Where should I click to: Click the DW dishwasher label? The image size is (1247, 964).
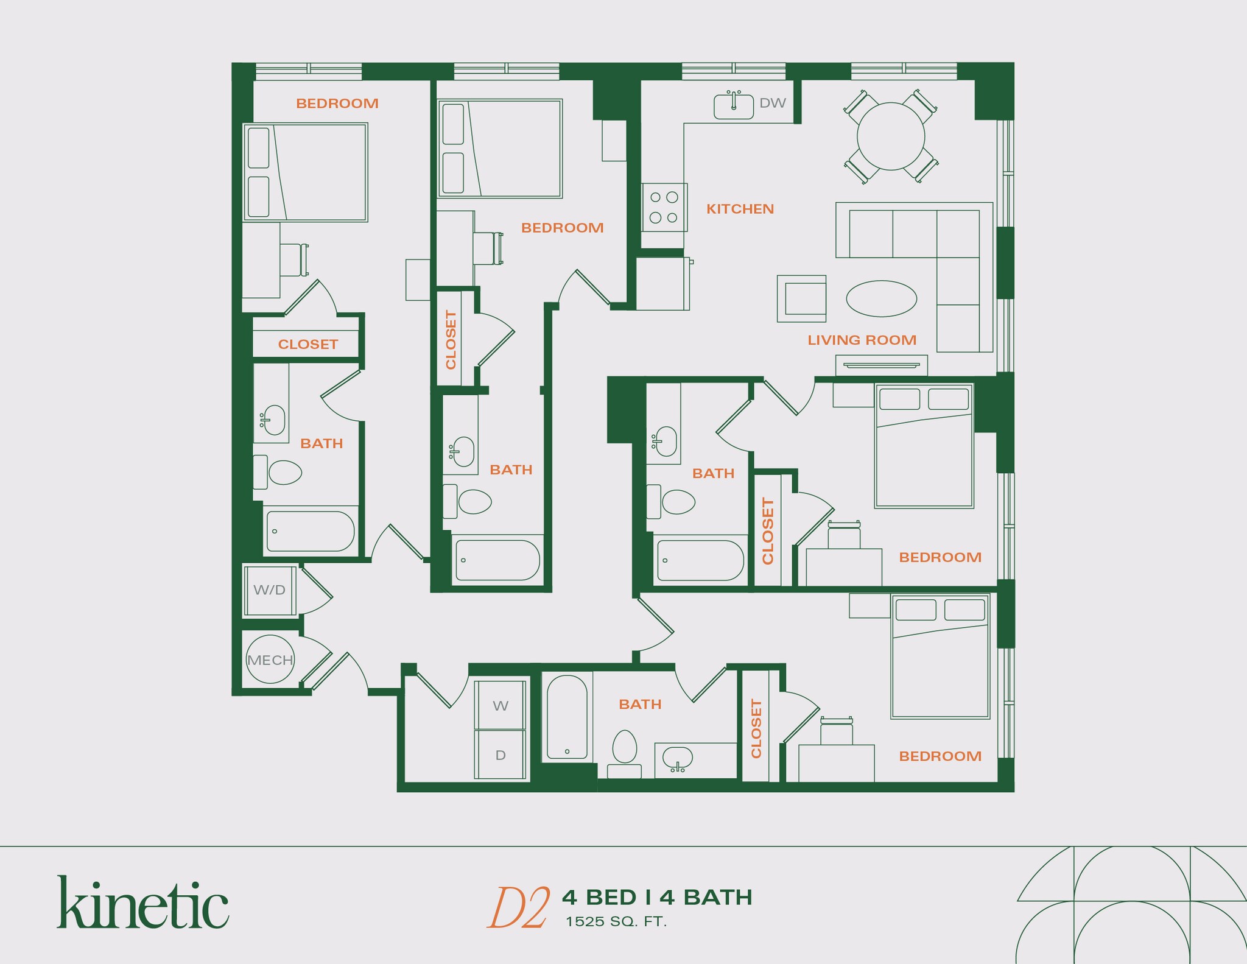772,104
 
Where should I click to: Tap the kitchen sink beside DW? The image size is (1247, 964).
733,106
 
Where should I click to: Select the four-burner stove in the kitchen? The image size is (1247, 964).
664,207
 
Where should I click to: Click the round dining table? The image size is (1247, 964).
891,136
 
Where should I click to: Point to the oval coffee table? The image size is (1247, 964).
881,298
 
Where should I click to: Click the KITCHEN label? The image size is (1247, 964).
740,209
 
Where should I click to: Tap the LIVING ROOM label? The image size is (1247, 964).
862,340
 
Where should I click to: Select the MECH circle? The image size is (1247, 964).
270,660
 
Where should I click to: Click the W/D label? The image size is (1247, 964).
269,589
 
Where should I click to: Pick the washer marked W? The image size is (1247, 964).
500,706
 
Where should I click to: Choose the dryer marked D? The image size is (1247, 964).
500,755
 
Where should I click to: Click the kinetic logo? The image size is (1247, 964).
143,903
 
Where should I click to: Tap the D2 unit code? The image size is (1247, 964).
519,908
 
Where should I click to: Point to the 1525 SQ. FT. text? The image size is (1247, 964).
616,922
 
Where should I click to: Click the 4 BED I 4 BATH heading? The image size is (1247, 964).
657,897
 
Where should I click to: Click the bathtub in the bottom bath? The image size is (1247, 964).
567,717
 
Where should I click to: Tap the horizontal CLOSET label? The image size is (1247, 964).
307,345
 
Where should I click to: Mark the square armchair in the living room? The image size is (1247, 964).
802,298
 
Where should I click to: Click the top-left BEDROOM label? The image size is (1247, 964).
337,104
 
